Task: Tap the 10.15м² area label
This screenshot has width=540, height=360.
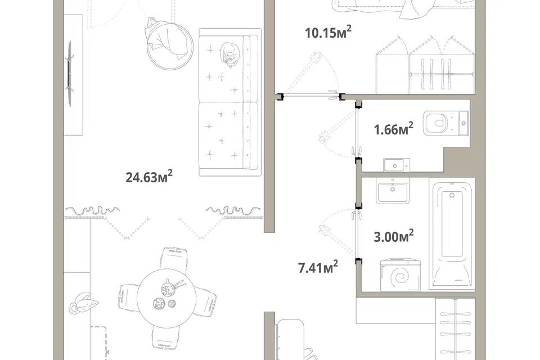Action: click(x=328, y=33)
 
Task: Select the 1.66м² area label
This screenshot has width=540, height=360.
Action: click(x=393, y=129)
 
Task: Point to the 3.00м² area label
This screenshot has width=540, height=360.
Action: click(x=394, y=236)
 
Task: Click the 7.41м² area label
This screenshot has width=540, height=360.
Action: click(x=318, y=267)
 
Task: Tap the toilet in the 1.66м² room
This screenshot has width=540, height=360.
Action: click(x=446, y=124)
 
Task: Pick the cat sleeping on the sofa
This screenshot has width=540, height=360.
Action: click(x=229, y=53)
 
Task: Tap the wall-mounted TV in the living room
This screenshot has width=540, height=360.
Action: click(x=70, y=66)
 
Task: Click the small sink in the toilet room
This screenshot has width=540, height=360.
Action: click(x=397, y=165)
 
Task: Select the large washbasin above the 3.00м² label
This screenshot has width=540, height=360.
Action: click(x=392, y=191)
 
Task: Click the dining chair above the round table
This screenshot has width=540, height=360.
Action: click(x=176, y=258)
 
